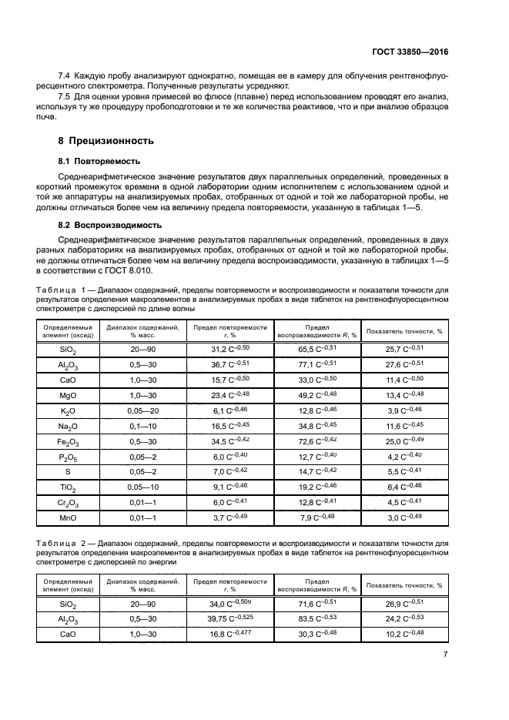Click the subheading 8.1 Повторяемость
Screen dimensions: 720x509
pyautogui.click(x=99, y=162)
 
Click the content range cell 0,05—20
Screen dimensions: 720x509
pyautogui.click(x=143, y=411)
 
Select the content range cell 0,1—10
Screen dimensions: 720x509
pyautogui.click(x=143, y=426)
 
